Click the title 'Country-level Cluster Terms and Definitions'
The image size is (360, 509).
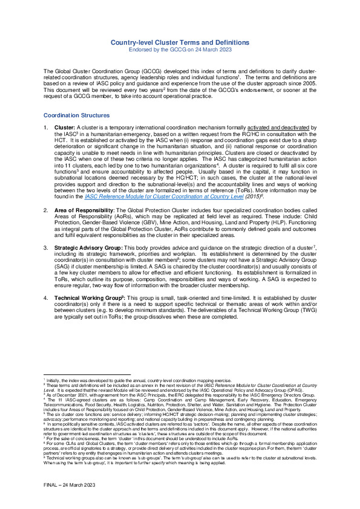pos(180,42)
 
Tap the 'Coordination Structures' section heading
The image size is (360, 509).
pos(77,115)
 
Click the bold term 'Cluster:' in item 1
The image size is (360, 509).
pos(65,128)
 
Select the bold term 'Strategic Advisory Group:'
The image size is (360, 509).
pos(90,248)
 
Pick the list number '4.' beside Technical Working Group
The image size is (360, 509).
pos(46,299)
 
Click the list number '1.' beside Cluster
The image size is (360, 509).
pos(46,128)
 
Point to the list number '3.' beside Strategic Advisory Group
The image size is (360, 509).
pos(46,248)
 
